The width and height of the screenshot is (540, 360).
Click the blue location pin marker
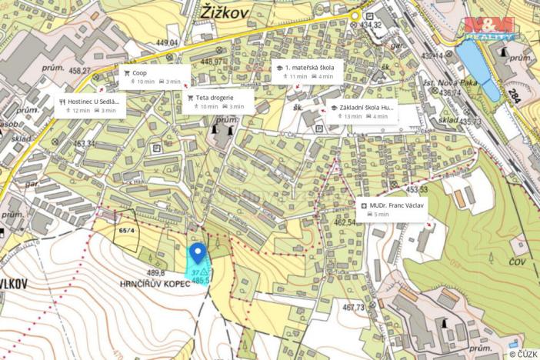pyautogui.click(x=197, y=253)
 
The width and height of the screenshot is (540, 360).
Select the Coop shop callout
pyautogui.click(x=153, y=76)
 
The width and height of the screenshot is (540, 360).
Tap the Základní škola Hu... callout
pyautogui.click(x=362, y=112)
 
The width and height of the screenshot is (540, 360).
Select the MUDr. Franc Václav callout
pyautogui.click(x=392, y=210)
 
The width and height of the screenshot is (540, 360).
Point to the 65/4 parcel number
pyautogui.click(x=126, y=230)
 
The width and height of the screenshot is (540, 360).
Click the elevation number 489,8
pyautogui.click(x=156, y=272)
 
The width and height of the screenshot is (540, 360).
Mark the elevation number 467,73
pyautogui.click(x=353, y=308)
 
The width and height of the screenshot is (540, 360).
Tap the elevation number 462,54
pyautogui.click(x=344, y=222)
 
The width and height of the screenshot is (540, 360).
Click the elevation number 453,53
pyautogui.click(x=416, y=189)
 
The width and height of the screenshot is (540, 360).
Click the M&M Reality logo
pyautogui.click(x=489, y=28)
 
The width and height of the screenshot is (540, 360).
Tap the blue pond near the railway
pyautogui.click(x=477, y=68)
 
